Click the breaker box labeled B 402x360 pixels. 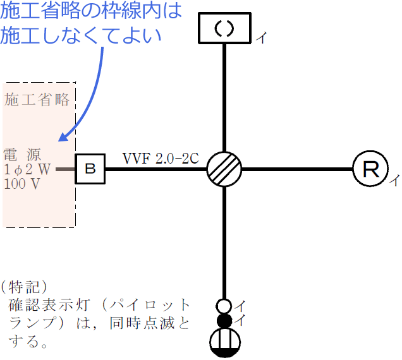pyautogui.click(x=90, y=169)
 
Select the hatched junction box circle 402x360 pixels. pyautogui.click(x=224, y=169)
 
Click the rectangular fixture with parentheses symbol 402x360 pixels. pyautogui.click(x=225, y=28)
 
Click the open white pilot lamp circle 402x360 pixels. pyautogui.click(x=224, y=306)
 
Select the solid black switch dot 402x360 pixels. pyautogui.click(x=224, y=321)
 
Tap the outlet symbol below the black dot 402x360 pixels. pyautogui.click(x=224, y=344)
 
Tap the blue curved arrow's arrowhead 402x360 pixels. pyautogui.click(x=63, y=136)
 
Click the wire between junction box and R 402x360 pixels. pyautogui.click(x=297, y=169)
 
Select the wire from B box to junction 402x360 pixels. pyautogui.click(x=155, y=169)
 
